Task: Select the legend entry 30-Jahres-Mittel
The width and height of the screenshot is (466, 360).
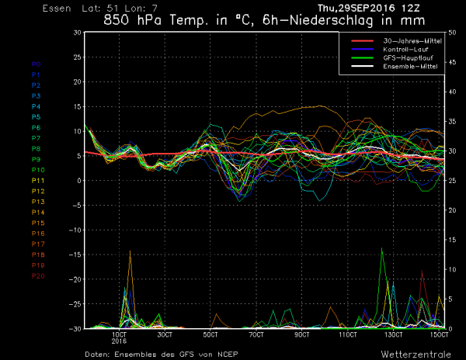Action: [409, 40]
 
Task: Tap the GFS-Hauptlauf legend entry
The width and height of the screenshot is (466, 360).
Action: [405, 57]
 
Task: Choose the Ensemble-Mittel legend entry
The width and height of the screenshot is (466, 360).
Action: [407, 66]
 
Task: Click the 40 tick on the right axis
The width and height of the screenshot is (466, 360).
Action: [453, 91]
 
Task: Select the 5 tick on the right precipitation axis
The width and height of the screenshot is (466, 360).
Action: [453, 299]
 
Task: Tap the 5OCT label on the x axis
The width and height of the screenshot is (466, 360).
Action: [210, 334]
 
